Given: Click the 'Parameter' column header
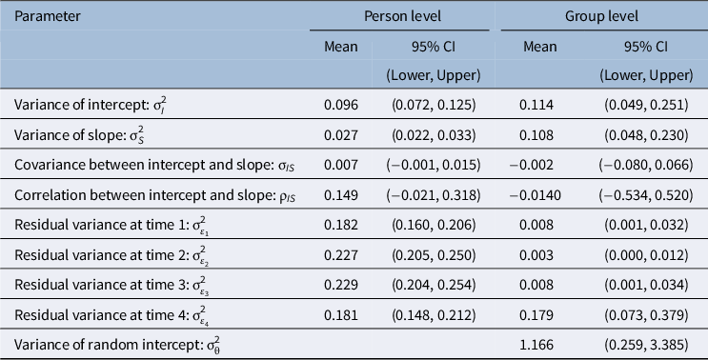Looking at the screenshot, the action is point(47,16).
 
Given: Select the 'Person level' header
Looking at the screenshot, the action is point(402,16).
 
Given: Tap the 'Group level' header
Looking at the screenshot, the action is point(601,16).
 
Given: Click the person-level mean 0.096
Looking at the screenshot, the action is point(341,105).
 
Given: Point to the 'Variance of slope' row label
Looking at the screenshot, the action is point(79,135).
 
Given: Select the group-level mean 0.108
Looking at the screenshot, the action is point(536,135).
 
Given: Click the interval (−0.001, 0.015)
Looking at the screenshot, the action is point(434,165).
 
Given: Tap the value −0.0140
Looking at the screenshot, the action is point(536,195).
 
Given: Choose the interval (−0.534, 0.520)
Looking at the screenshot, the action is point(646,195).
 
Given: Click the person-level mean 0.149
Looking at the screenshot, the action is point(341,195).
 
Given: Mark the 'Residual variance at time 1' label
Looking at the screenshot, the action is point(111,225).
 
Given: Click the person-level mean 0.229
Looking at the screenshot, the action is point(341,285).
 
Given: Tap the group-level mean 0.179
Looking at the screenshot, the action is point(536,315).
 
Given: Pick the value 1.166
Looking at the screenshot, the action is point(536,345).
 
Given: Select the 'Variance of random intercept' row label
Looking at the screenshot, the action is point(117,345).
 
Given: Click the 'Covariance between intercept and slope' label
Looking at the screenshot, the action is point(154,165).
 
